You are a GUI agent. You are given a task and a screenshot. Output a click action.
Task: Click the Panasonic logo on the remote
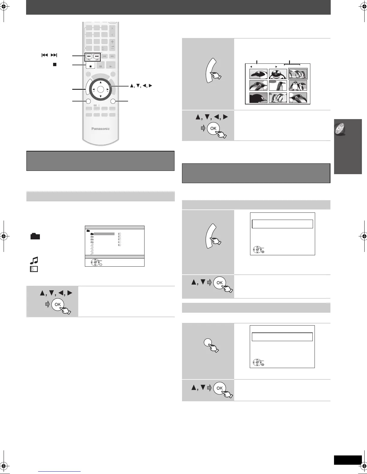[100, 129]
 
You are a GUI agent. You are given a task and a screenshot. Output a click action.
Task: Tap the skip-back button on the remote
[89, 56]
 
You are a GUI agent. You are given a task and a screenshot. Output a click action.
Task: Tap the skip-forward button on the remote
[97, 56]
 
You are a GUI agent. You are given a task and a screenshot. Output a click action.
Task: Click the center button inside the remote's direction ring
[100, 89]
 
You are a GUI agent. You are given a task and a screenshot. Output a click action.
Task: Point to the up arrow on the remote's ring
[100, 82]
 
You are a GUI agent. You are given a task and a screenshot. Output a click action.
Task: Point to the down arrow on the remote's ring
[100, 96]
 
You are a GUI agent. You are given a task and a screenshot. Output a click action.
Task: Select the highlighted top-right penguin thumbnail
[298, 74]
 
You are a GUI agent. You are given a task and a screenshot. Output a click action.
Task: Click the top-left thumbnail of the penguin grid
[258, 74]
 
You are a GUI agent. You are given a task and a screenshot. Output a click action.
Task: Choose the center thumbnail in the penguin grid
[278, 86]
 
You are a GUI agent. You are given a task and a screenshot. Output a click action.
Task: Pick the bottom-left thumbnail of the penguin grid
[258, 98]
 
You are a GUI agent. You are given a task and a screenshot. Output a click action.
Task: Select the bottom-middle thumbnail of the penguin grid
[278, 98]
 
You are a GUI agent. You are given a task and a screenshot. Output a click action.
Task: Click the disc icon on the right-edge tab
[339, 129]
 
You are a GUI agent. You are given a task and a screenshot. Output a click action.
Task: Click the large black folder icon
[35, 237]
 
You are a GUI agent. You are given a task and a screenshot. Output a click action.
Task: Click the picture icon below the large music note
[34, 269]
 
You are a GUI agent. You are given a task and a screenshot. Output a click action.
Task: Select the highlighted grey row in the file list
[104, 234]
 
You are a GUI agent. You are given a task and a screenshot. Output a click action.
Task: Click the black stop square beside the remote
[55, 64]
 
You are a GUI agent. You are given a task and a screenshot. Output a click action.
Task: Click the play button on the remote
[112, 66]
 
